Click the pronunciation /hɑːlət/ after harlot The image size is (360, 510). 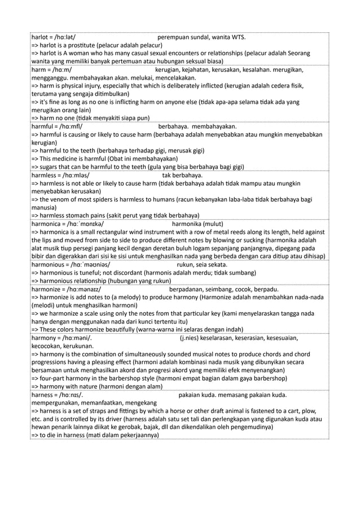(63, 38)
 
